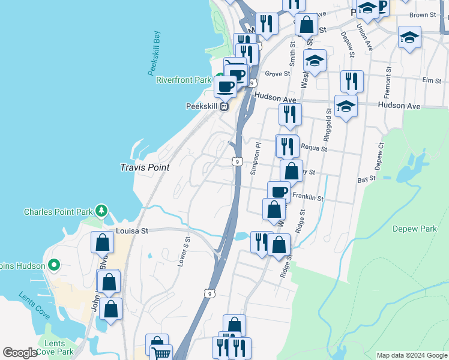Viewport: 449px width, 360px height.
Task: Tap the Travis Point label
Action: pos(144,167)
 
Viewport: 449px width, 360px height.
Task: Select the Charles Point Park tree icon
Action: pos(102,211)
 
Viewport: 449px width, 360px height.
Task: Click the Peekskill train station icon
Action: pos(223,107)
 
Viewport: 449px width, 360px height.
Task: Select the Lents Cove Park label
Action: pos(55,347)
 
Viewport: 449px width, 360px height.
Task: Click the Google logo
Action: pos(20,353)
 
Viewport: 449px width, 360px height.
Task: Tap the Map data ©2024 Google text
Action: pos(411,355)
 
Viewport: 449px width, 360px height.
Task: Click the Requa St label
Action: pos(313,147)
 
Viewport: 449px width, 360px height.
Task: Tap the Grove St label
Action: pos(277,74)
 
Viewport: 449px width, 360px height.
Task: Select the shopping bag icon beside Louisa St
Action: pos(102,242)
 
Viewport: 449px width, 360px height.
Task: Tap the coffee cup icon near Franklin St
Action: pos(279,192)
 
